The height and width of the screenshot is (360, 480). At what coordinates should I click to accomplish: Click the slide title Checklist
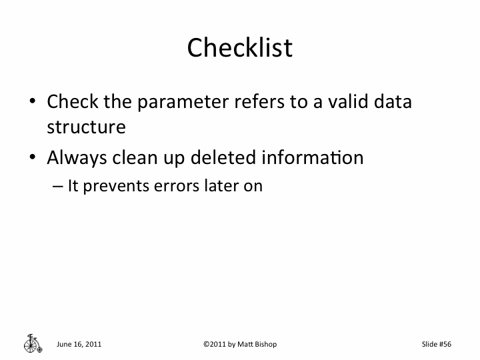(x=239, y=48)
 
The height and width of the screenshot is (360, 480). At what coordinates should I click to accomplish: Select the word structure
(x=86, y=127)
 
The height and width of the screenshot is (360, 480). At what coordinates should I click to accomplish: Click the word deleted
(x=223, y=158)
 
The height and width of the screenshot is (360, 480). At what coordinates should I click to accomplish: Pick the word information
(x=312, y=158)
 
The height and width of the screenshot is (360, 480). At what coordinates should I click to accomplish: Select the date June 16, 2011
(x=79, y=344)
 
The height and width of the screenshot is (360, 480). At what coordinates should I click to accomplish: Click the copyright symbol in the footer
(x=205, y=344)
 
